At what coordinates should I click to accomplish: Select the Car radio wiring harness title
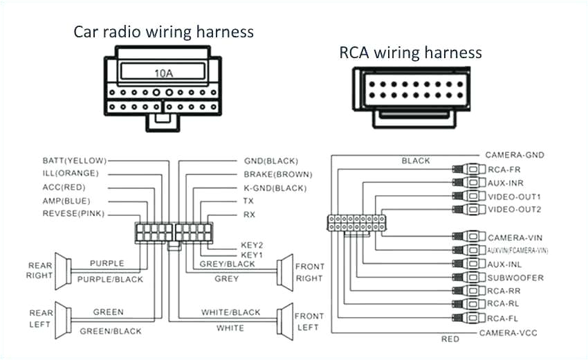point(163,32)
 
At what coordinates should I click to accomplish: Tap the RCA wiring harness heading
point(410,53)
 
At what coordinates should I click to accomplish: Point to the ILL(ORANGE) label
point(70,173)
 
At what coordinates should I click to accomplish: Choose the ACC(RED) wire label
point(64,187)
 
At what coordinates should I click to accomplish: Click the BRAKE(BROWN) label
point(277,174)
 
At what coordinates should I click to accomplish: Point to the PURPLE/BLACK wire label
point(110,279)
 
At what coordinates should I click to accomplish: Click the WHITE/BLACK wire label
point(230,312)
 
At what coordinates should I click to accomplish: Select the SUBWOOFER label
point(515,278)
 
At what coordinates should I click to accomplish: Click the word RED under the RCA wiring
point(450,339)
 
